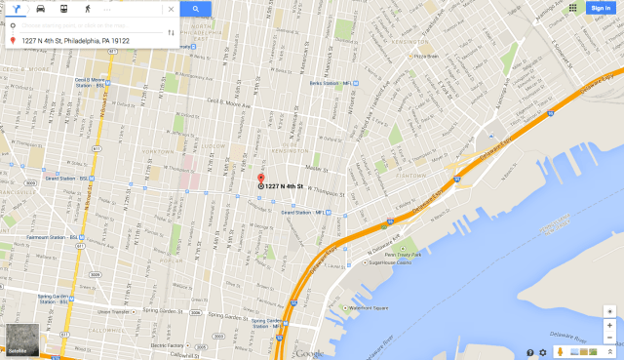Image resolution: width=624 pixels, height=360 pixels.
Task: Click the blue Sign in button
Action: click(601, 8)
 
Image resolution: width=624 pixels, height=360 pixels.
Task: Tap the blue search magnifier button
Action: click(195, 9)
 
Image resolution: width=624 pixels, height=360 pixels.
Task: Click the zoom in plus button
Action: click(609, 325)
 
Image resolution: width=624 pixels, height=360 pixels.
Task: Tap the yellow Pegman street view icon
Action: click(560, 352)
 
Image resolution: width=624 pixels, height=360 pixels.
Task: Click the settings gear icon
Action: click(543, 352)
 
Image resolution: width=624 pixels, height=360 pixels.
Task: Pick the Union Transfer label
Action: click(118, 311)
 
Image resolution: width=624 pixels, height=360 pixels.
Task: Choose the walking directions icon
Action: click(87, 9)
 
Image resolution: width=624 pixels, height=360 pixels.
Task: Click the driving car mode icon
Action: click(40, 9)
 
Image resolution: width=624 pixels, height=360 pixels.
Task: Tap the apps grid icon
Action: click(571, 8)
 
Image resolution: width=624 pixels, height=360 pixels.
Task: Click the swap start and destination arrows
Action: click(172, 32)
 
